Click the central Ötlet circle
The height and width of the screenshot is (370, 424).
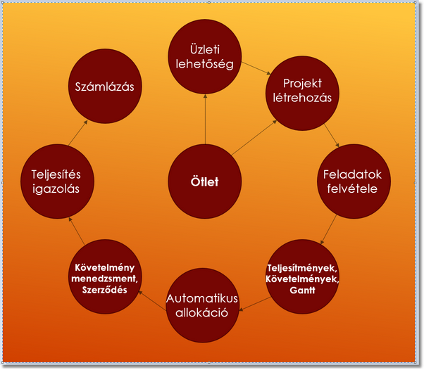[x=205, y=181]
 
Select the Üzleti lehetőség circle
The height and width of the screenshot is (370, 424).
[x=205, y=57]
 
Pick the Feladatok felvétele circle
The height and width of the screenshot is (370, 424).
[x=351, y=181]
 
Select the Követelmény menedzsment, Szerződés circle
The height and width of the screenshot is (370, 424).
[x=104, y=276]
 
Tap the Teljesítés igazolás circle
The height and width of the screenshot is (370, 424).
[x=60, y=181]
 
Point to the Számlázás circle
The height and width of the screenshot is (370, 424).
[x=105, y=87]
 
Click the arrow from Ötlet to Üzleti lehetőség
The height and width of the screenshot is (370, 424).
[x=205, y=119]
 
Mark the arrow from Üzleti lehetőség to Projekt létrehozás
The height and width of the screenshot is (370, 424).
[x=256, y=68]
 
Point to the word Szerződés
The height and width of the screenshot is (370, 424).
[x=104, y=289]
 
